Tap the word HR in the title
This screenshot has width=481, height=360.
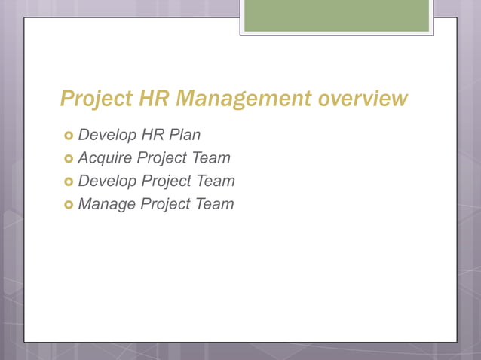click(154, 99)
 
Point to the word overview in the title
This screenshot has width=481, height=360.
click(363, 99)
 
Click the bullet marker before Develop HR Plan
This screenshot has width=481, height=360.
click(69, 136)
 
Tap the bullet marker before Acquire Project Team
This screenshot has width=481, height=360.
click(69, 159)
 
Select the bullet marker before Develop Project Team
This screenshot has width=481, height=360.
click(69, 182)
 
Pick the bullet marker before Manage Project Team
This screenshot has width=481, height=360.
click(69, 204)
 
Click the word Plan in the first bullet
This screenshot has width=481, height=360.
click(185, 136)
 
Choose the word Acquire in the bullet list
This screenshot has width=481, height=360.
click(104, 158)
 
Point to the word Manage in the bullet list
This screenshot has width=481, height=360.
click(106, 203)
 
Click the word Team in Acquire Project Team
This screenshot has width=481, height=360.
click(211, 158)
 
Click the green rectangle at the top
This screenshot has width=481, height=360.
click(336, 16)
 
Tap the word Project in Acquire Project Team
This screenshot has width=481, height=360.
click(163, 158)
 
